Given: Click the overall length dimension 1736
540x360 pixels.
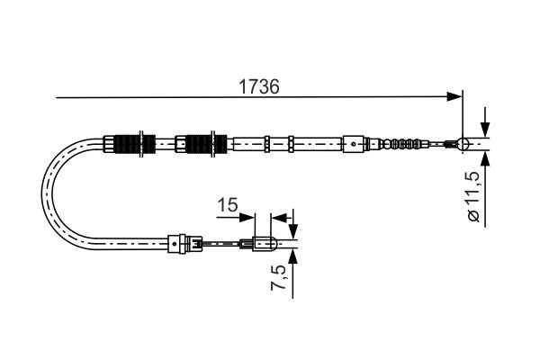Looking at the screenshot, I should tap(258, 87).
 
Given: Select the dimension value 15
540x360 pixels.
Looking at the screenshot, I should tap(227, 205).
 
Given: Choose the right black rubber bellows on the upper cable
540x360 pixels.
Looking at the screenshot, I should tap(205, 143).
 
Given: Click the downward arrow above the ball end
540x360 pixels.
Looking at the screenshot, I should tap(486, 125).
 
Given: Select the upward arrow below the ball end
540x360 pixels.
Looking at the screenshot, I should tap(486, 160).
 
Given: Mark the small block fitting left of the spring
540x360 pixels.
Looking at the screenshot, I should tap(356, 142).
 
